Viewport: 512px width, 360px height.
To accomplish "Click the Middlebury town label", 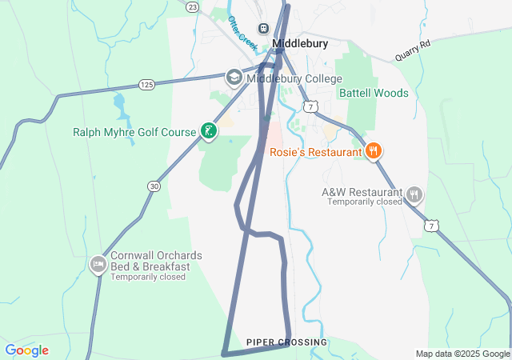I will [300, 44].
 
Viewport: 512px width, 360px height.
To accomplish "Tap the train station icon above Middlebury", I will [263, 29].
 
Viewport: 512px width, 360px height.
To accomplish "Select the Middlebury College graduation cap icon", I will [234, 78].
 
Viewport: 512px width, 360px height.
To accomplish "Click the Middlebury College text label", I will [294, 78].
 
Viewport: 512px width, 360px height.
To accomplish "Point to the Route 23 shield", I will [192, 6].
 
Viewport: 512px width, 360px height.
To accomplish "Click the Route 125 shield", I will [146, 84].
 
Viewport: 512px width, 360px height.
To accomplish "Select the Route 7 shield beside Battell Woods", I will [310, 106].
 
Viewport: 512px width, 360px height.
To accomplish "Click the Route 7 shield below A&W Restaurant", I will [432, 226].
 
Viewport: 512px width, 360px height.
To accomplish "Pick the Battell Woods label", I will [374, 93].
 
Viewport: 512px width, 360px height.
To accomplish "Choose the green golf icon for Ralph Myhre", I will [208, 131].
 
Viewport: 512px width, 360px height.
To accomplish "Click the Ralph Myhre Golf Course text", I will [134, 132].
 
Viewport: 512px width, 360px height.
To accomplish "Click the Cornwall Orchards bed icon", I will [98, 265].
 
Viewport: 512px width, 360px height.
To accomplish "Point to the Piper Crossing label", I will [286, 342].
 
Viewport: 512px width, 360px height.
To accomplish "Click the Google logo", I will [26, 350].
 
